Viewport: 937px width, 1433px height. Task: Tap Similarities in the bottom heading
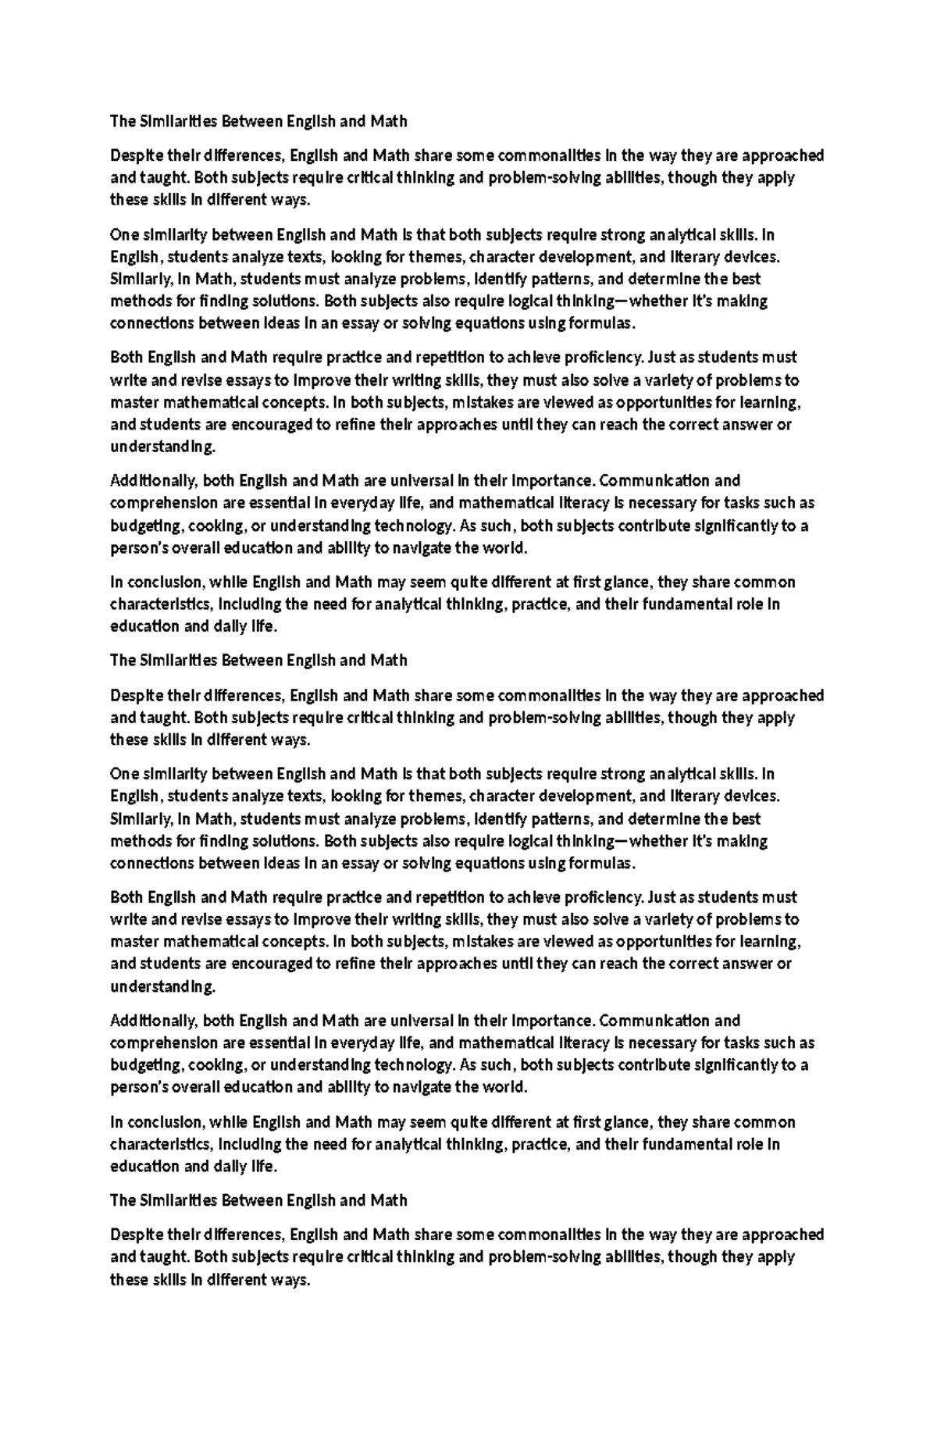click(178, 1200)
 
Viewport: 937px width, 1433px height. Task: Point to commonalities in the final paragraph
click(549, 1235)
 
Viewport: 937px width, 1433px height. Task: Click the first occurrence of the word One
click(123, 234)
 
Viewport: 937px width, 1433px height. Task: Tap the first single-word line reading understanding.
click(162, 447)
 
